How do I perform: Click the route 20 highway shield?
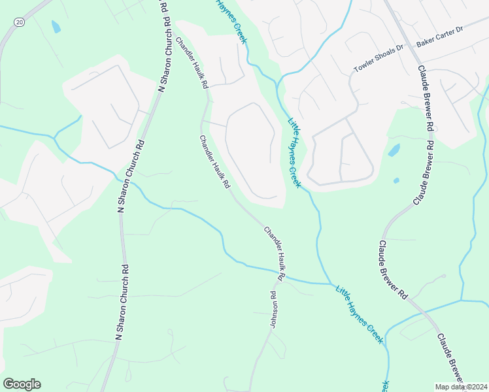tap(19, 22)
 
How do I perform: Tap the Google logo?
tap(22, 384)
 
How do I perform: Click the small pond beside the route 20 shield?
tap(56, 27)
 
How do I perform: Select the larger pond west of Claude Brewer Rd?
tap(394, 150)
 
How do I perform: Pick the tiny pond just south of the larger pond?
tap(396, 180)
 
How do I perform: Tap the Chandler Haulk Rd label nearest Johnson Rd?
tap(275, 253)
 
